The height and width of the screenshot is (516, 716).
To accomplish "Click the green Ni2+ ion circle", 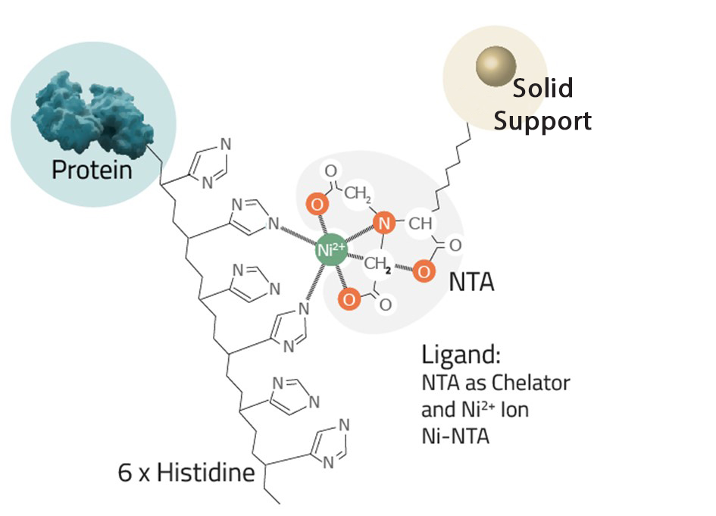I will (331, 249).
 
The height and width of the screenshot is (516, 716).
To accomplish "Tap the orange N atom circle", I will (385, 223).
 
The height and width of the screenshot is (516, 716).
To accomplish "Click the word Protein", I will (92, 169).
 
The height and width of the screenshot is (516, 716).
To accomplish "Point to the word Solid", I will (542, 89).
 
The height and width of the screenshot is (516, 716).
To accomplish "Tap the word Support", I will (542, 120).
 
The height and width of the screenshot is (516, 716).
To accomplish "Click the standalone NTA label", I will (471, 283).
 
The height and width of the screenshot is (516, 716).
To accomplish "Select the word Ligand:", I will (461, 355).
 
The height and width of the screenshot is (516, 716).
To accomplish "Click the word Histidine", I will (206, 474).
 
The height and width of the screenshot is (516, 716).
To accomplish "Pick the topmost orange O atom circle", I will (318, 204).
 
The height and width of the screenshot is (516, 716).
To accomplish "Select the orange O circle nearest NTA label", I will (424, 271).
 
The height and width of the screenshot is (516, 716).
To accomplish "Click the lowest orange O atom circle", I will (349, 299).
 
